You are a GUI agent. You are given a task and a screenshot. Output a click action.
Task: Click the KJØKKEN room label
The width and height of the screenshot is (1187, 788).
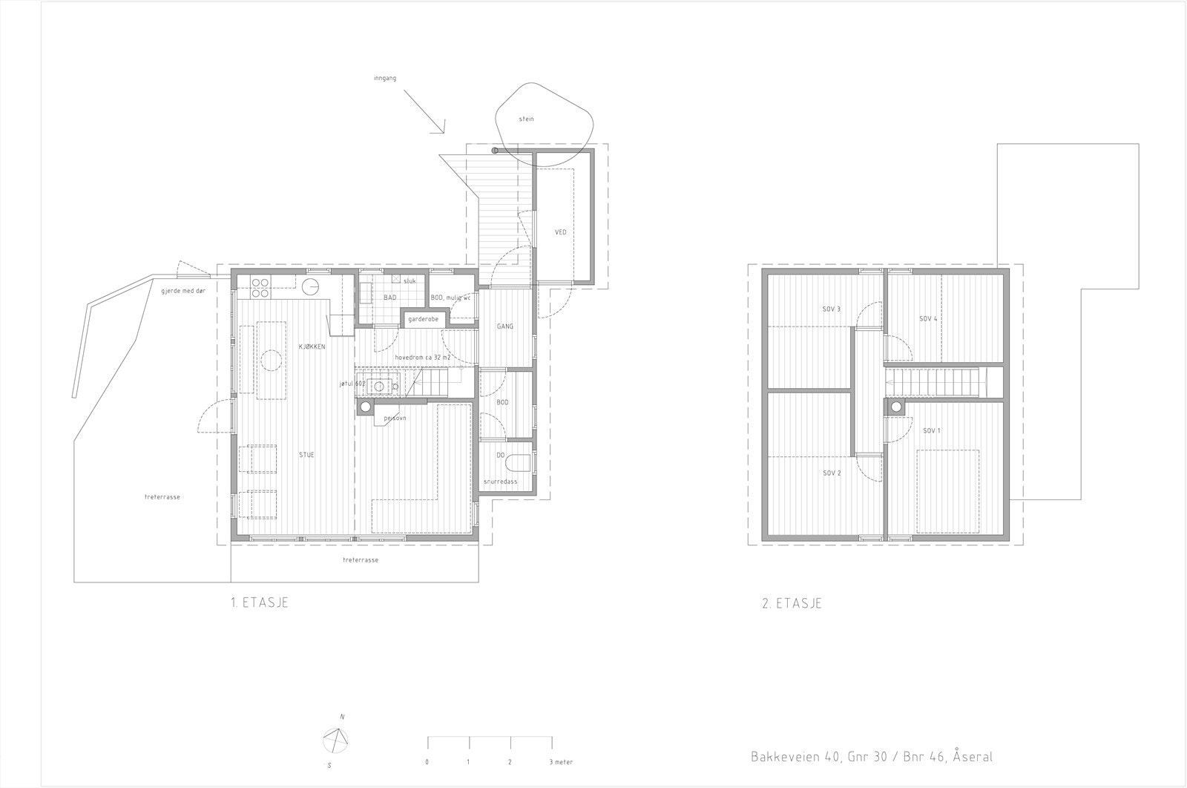click(x=312, y=347)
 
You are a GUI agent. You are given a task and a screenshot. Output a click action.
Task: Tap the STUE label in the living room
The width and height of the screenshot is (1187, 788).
click(x=306, y=455)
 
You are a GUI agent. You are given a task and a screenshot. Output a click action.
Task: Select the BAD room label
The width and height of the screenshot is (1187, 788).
click(x=389, y=298)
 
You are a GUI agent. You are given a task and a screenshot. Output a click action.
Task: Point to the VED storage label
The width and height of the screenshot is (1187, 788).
click(x=560, y=232)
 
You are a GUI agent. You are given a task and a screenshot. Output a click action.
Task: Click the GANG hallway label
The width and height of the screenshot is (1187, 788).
click(x=505, y=326)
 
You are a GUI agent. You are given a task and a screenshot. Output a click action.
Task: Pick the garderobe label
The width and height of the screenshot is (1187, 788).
click(x=423, y=319)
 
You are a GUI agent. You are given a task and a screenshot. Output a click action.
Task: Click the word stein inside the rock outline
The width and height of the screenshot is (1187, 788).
click(x=526, y=119)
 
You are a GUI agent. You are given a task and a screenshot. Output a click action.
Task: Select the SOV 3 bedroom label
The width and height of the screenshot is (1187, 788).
click(x=831, y=309)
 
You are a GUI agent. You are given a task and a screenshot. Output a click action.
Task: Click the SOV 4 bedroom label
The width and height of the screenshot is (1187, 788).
click(x=928, y=318)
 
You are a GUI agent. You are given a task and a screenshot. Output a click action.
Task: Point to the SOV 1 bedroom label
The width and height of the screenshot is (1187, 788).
click(x=931, y=430)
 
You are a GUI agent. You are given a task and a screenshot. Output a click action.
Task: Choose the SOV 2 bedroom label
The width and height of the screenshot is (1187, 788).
click(x=831, y=473)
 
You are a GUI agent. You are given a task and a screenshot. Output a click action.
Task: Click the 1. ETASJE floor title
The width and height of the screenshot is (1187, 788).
click(x=259, y=603)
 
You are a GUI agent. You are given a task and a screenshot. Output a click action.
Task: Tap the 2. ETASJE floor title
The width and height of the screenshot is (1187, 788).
click(x=792, y=603)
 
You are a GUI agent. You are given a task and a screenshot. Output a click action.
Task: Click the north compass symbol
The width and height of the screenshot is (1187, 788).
click(x=336, y=740)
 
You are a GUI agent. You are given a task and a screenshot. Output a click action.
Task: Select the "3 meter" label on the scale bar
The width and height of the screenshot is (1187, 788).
click(x=560, y=762)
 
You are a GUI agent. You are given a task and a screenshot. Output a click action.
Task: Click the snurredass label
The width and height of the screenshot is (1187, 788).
click(x=500, y=481)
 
